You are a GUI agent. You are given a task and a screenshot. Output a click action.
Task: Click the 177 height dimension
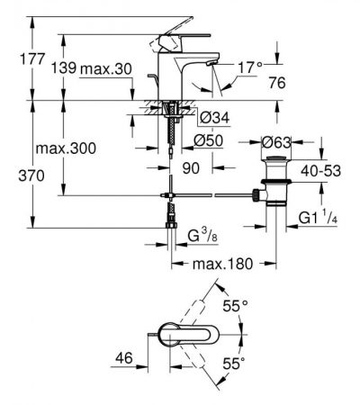coord(32,58)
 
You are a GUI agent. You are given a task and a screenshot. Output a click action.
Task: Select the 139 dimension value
coord(64,67)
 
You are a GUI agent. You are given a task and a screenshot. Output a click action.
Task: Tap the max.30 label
coord(106,69)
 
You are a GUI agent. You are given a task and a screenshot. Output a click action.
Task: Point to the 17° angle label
coord(250,67)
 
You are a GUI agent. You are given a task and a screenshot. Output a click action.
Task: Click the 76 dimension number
coord(277,83)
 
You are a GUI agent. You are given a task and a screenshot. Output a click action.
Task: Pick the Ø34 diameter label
coord(214,118)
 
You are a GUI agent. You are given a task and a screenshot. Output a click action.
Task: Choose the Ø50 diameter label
coord(209,140)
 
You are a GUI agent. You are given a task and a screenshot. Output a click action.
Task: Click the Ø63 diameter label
coord(276,142)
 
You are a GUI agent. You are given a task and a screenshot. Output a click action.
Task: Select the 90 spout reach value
coord(191,168)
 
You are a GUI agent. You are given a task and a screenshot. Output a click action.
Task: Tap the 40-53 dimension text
coord(321,171)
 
